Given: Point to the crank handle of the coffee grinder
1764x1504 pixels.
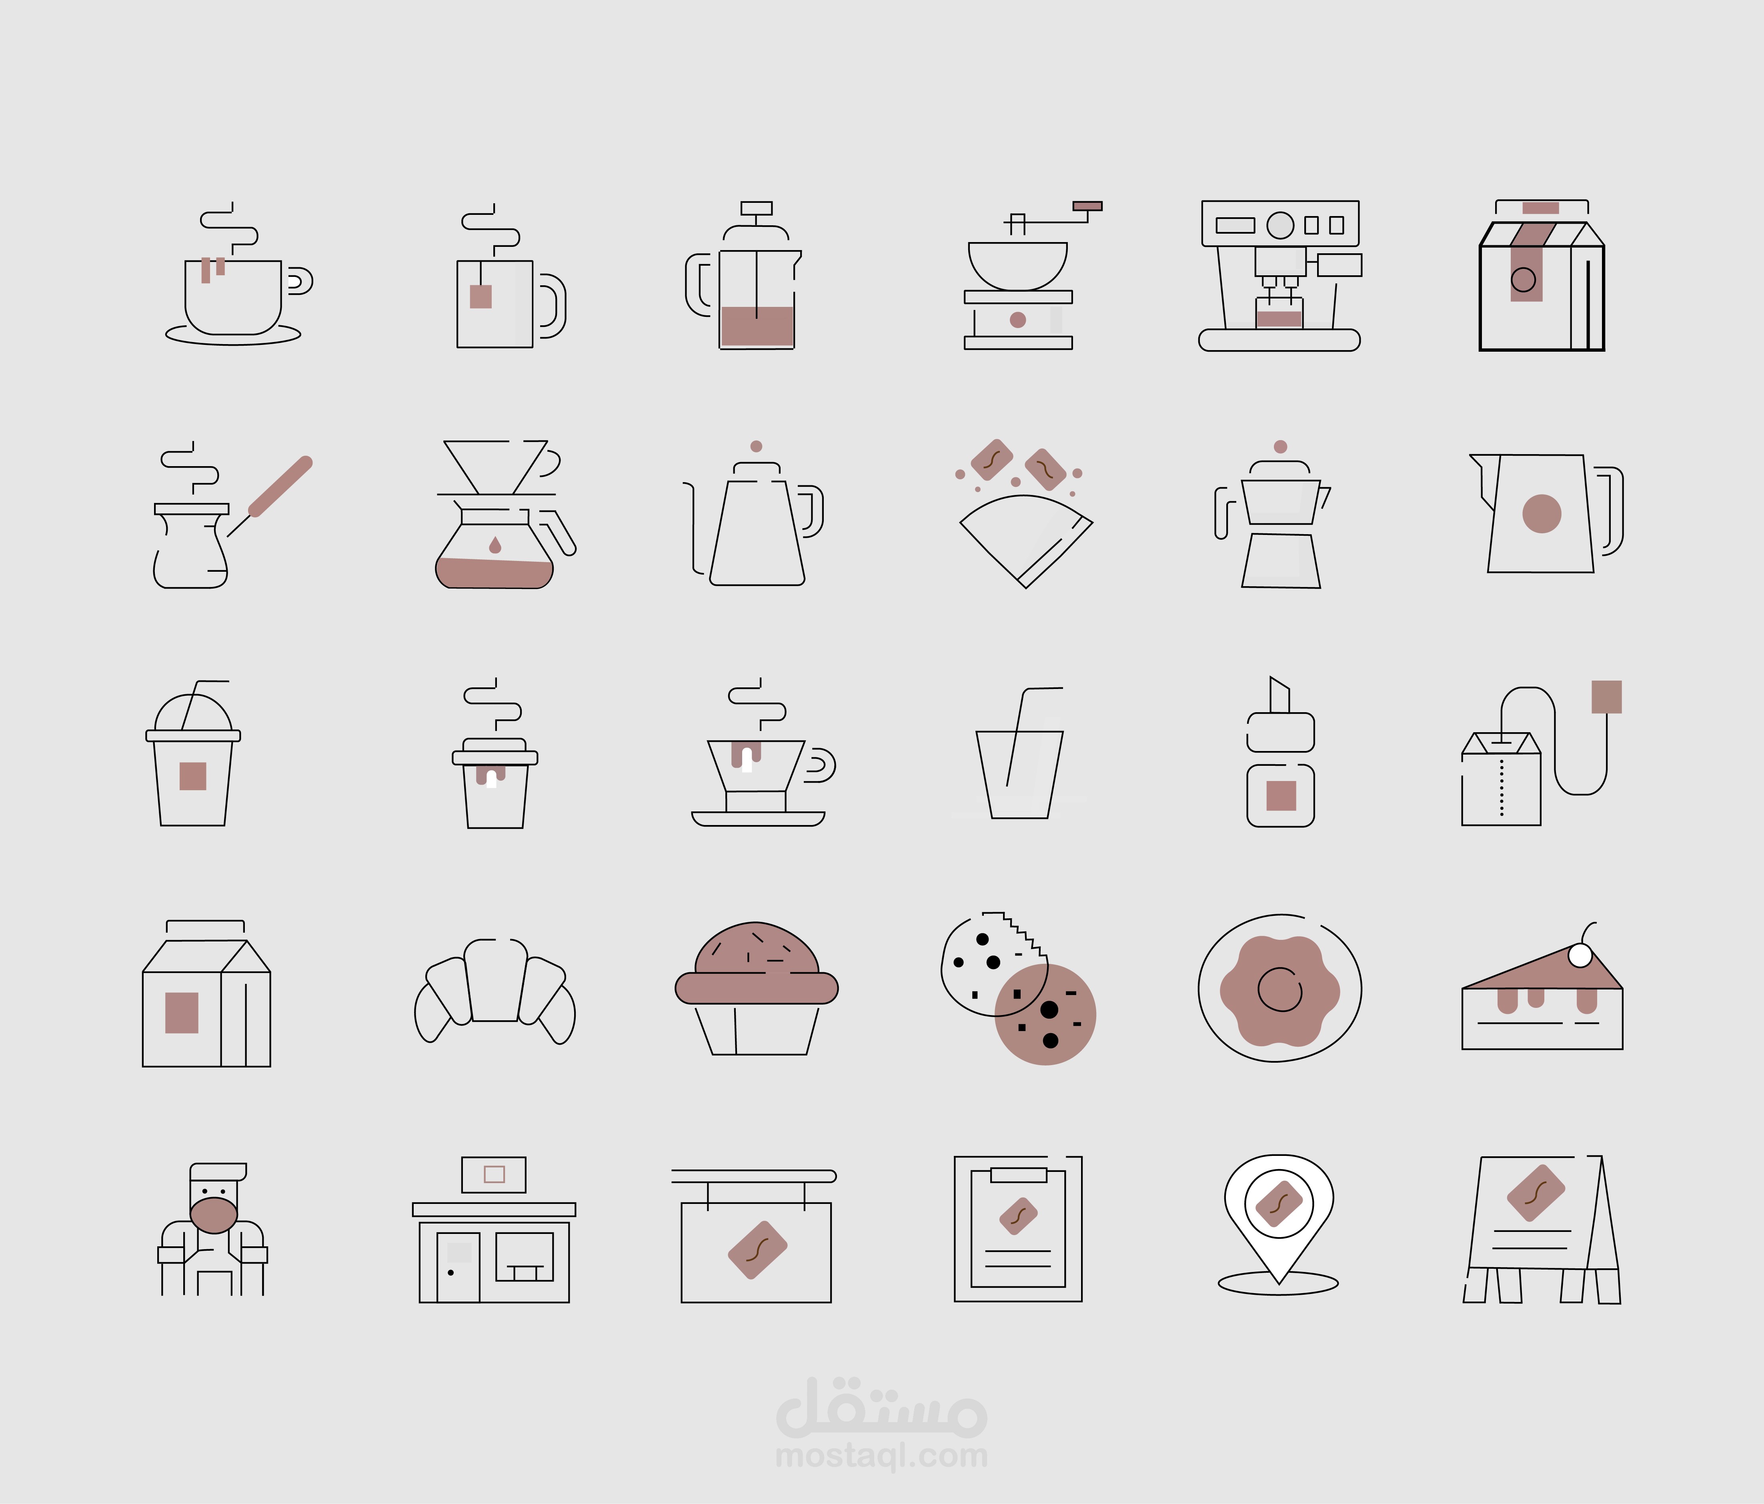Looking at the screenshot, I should tap(1087, 206).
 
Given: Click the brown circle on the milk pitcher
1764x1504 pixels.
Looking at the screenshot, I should tap(1541, 513).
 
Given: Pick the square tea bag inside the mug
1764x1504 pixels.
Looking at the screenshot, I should tap(481, 296).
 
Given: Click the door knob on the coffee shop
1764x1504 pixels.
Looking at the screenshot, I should tap(451, 1272).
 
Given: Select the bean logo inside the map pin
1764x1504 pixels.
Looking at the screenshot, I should tap(1279, 1203).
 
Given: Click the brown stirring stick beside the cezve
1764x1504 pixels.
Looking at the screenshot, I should tap(281, 487).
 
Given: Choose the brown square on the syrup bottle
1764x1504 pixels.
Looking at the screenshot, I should tap(1280, 795).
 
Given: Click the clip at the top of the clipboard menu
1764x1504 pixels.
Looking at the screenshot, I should tap(1018, 1175).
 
